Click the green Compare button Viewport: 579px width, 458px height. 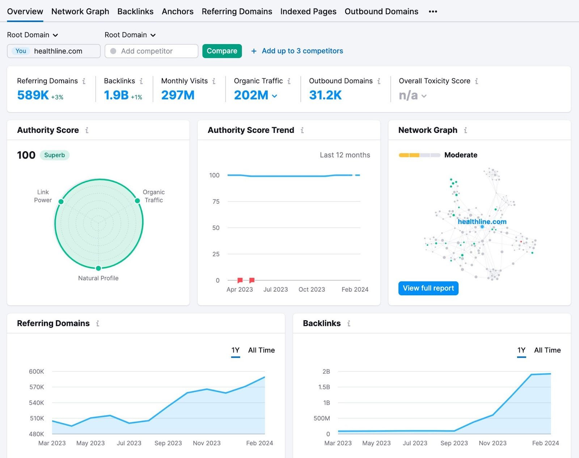pyautogui.click(x=222, y=51)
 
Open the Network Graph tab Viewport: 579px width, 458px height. pyautogui.click(x=80, y=12)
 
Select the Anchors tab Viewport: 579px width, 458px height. pyautogui.click(x=177, y=12)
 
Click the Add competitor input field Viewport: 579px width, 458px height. pyautogui.click(x=151, y=51)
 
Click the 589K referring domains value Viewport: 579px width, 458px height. pyautogui.click(x=33, y=95)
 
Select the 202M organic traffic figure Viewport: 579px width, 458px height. pyautogui.click(x=251, y=95)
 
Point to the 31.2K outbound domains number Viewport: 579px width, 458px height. pyautogui.click(x=325, y=95)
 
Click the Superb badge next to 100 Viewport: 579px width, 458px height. pyautogui.click(x=54, y=155)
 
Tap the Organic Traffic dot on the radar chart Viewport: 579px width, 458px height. pyautogui.click(x=137, y=201)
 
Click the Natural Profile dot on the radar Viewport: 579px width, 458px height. pyautogui.click(x=98, y=268)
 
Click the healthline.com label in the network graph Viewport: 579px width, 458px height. pyautogui.click(x=482, y=221)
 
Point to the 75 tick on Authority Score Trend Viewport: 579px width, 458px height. pyautogui.click(x=216, y=202)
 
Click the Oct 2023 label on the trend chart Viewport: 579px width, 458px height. pyautogui.click(x=312, y=289)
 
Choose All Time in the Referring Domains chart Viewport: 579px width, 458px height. pyautogui.click(x=261, y=350)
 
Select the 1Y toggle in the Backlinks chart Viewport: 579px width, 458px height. pyautogui.click(x=521, y=350)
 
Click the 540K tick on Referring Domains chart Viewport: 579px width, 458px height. pyautogui.click(x=37, y=403)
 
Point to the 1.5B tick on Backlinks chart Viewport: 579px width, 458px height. pyautogui.click(x=324, y=387)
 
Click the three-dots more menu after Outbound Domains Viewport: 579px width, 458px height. pyautogui.click(x=433, y=12)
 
